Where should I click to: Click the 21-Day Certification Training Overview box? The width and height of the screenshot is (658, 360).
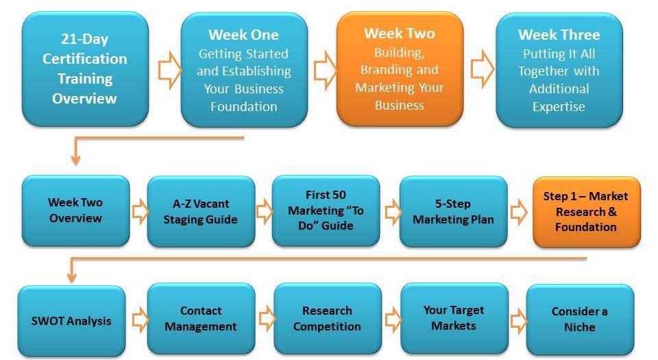[x=85, y=69]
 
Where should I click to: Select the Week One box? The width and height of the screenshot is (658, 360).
[x=244, y=70]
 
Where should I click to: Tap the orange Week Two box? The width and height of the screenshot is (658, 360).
[x=400, y=69]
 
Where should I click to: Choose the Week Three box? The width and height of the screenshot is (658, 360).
[x=559, y=70]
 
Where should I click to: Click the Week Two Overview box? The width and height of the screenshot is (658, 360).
[x=75, y=211]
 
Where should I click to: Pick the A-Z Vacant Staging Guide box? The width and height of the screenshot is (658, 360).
[x=201, y=211]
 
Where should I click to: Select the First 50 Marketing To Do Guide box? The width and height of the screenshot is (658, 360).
[x=326, y=211]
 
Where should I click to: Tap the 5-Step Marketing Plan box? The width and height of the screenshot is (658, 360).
[x=454, y=211]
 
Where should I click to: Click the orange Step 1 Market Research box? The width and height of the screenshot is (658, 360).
[x=587, y=212]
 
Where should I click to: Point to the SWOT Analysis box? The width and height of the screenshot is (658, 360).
[x=71, y=321]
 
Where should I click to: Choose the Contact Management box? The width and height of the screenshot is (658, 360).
[x=201, y=318]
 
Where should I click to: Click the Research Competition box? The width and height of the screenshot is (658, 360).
[x=328, y=318]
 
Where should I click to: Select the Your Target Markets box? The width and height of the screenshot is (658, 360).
[x=454, y=318]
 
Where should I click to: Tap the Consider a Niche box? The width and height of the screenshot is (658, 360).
[x=580, y=320]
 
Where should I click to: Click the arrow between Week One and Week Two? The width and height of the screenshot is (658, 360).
[x=325, y=70]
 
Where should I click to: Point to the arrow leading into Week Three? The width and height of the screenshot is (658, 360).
[x=483, y=69]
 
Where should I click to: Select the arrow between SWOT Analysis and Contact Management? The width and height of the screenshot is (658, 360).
[x=140, y=320]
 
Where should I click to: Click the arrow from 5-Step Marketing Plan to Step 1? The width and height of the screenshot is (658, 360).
[x=519, y=212]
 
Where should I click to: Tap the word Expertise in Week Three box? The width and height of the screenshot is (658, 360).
[x=559, y=107]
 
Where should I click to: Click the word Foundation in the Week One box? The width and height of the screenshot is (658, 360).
[x=244, y=106]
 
